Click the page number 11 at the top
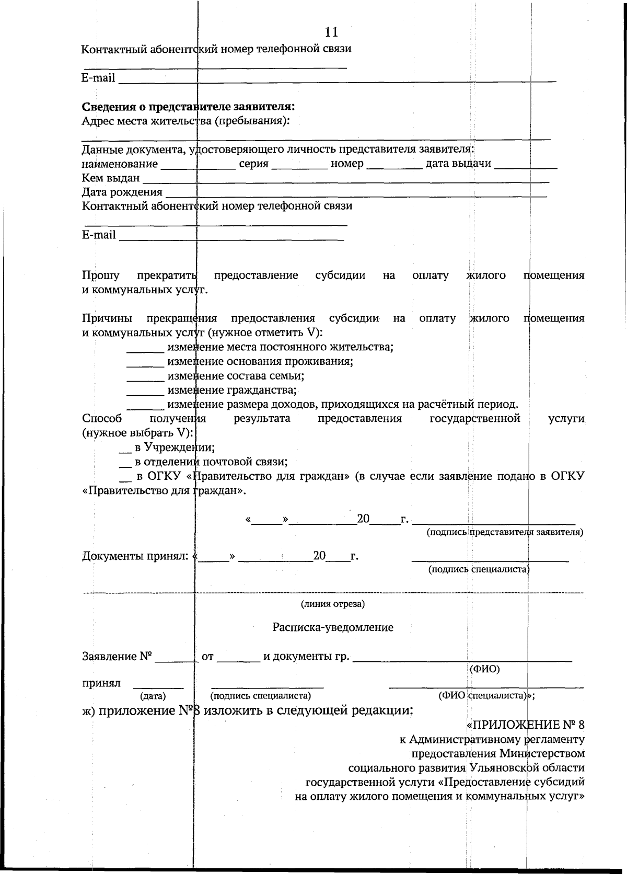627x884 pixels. click(x=331, y=32)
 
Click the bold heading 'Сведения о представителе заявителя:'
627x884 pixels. click(x=189, y=107)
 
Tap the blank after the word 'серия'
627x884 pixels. click(x=299, y=166)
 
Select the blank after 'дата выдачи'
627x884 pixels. click(x=526, y=166)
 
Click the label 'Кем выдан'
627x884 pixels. click(x=111, y=178)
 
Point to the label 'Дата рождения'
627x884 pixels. click(x=122, y=192)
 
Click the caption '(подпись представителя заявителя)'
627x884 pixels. click(x=505, y=532)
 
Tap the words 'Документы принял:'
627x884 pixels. click(x=135, y=556)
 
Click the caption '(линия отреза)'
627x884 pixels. click(x=332, y=604)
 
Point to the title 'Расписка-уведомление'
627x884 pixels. click(x=332, y=627)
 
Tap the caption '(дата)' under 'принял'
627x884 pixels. click(x=153, y=696)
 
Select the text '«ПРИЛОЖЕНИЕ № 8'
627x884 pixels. click(x=525, y=725)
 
